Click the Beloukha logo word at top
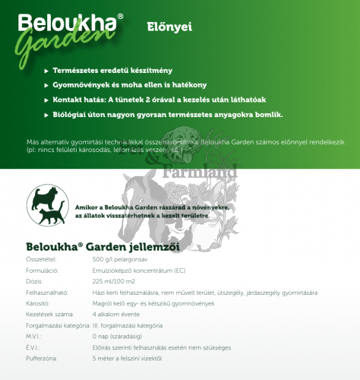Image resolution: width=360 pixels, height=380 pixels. [x=67, y=23]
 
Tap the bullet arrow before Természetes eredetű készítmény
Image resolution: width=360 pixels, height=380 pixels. [x=47, y=71]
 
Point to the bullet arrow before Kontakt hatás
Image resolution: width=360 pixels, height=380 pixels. [x=47, y=100]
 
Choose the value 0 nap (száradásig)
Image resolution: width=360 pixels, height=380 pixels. [x=118, y=336]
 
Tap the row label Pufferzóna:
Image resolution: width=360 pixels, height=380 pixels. [x=42, y=358]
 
